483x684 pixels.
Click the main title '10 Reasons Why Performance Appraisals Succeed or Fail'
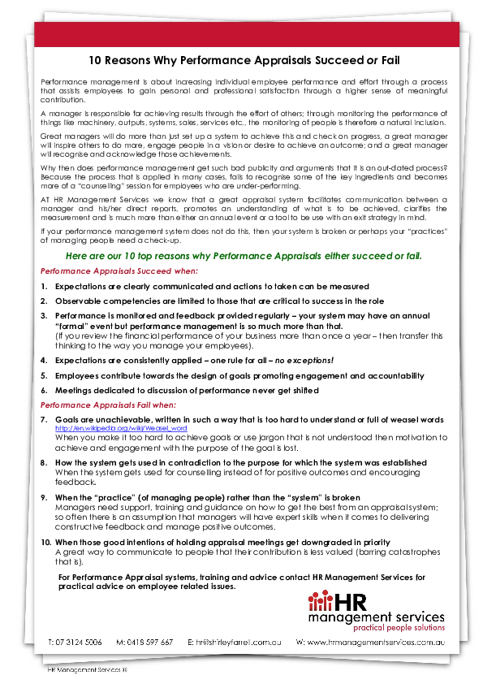244,61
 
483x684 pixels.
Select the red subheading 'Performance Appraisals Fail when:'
114,405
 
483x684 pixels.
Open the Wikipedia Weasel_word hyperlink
121,427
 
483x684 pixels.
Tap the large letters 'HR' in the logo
360,600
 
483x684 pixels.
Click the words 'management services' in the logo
376,616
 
